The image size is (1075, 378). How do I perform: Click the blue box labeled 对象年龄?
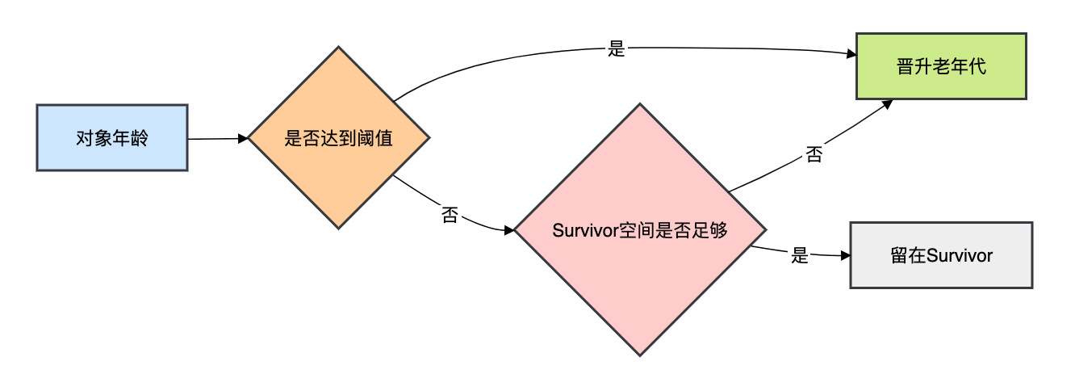[x=112, y=137]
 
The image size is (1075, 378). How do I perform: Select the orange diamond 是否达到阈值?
[x=338, y=137]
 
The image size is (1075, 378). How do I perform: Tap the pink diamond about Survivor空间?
[x=640, y=229]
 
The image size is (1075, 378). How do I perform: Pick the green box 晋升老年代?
[x=940, y=66]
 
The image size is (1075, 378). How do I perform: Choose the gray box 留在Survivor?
[x=941, y=255]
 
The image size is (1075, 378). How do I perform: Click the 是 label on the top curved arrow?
[x=617, y=49]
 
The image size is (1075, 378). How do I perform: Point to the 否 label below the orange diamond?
[x=450, y=215]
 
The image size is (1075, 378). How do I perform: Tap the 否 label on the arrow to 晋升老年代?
[x=814, y=154]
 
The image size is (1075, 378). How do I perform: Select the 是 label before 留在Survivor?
[x=800, y=256]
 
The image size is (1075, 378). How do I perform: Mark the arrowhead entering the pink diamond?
[x=509, y=230]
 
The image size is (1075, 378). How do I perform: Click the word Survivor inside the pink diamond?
[x=585, y=230]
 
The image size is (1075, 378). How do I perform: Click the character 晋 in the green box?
[x=905, y=67]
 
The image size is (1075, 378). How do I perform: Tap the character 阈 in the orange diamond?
[x=364, y=138]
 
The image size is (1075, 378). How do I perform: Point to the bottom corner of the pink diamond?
[x=640, y=355]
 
